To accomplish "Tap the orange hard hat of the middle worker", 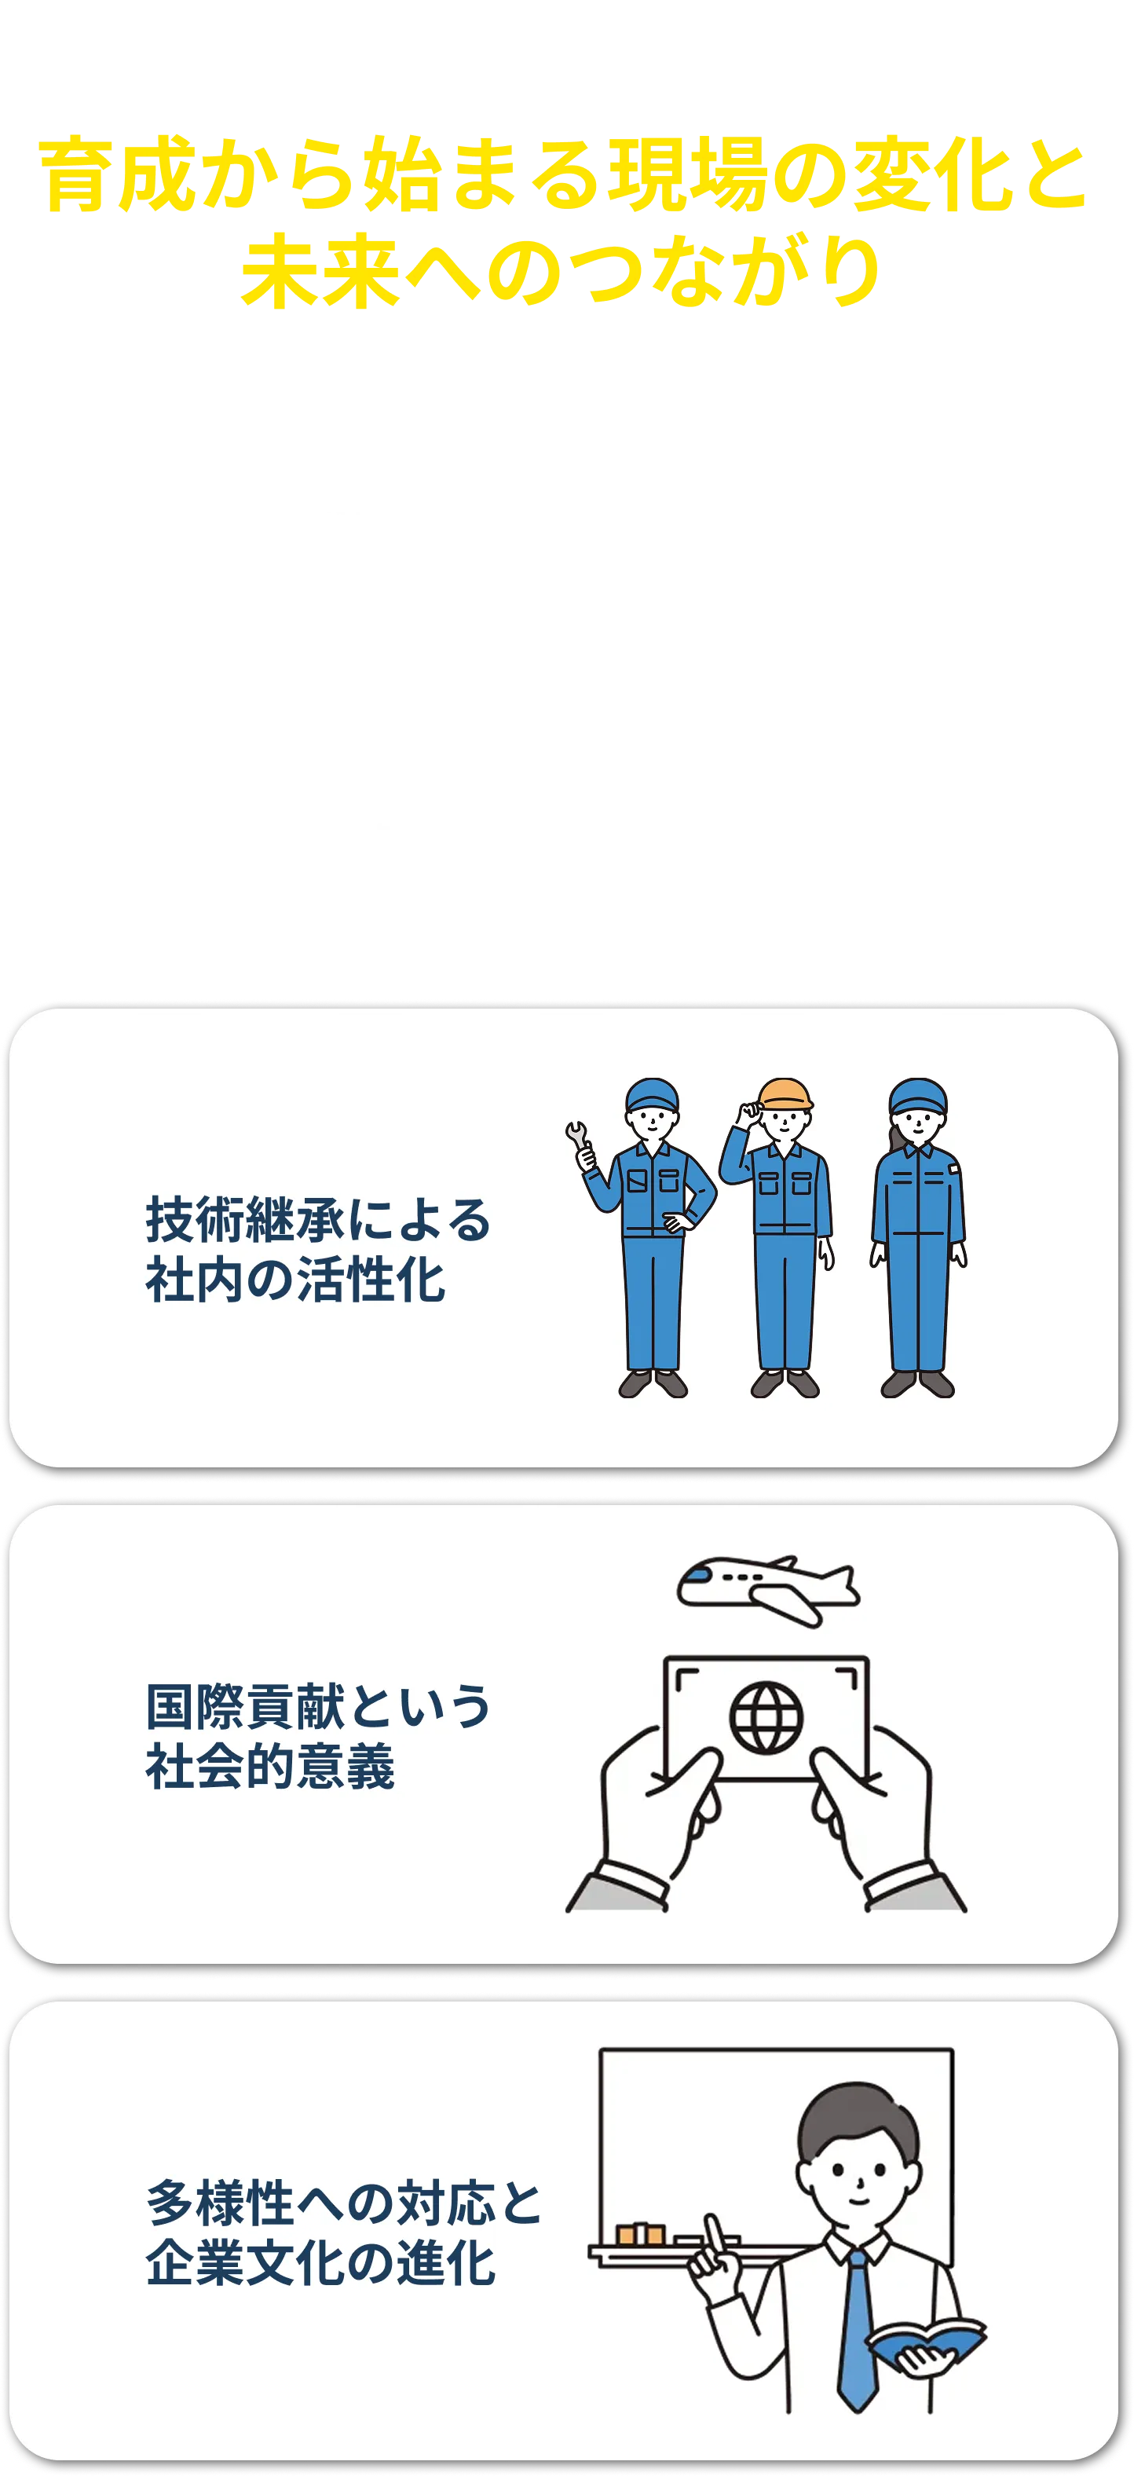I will click(785, 1093).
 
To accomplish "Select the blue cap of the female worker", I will click(918, 1095).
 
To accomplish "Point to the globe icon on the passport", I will click(766, 1716).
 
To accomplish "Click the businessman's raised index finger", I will click(713, 2232).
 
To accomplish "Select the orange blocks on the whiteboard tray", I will click(640, 2235).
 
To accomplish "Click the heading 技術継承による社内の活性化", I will click(317, 1250).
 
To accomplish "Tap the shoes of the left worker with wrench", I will click(653, 1384).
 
